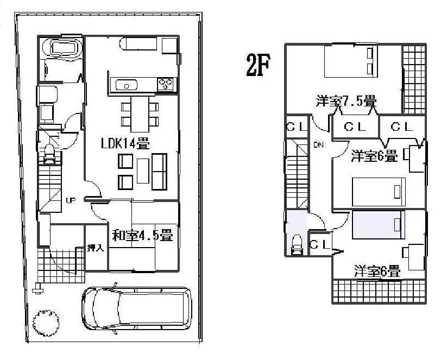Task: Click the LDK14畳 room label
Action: [x=125, y=144]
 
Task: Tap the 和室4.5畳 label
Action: [x=142, y=236]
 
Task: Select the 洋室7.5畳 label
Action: [x=346, y=101]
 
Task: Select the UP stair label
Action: [x=70, y=200]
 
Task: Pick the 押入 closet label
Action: [x=96, y=248]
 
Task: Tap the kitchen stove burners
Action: [x=166, y=84]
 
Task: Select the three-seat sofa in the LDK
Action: [x=160, y=172]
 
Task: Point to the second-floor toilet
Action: [x=297, y=245]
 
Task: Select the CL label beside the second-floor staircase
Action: [x=296, y=127]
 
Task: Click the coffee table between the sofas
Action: [x=142, y=172]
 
